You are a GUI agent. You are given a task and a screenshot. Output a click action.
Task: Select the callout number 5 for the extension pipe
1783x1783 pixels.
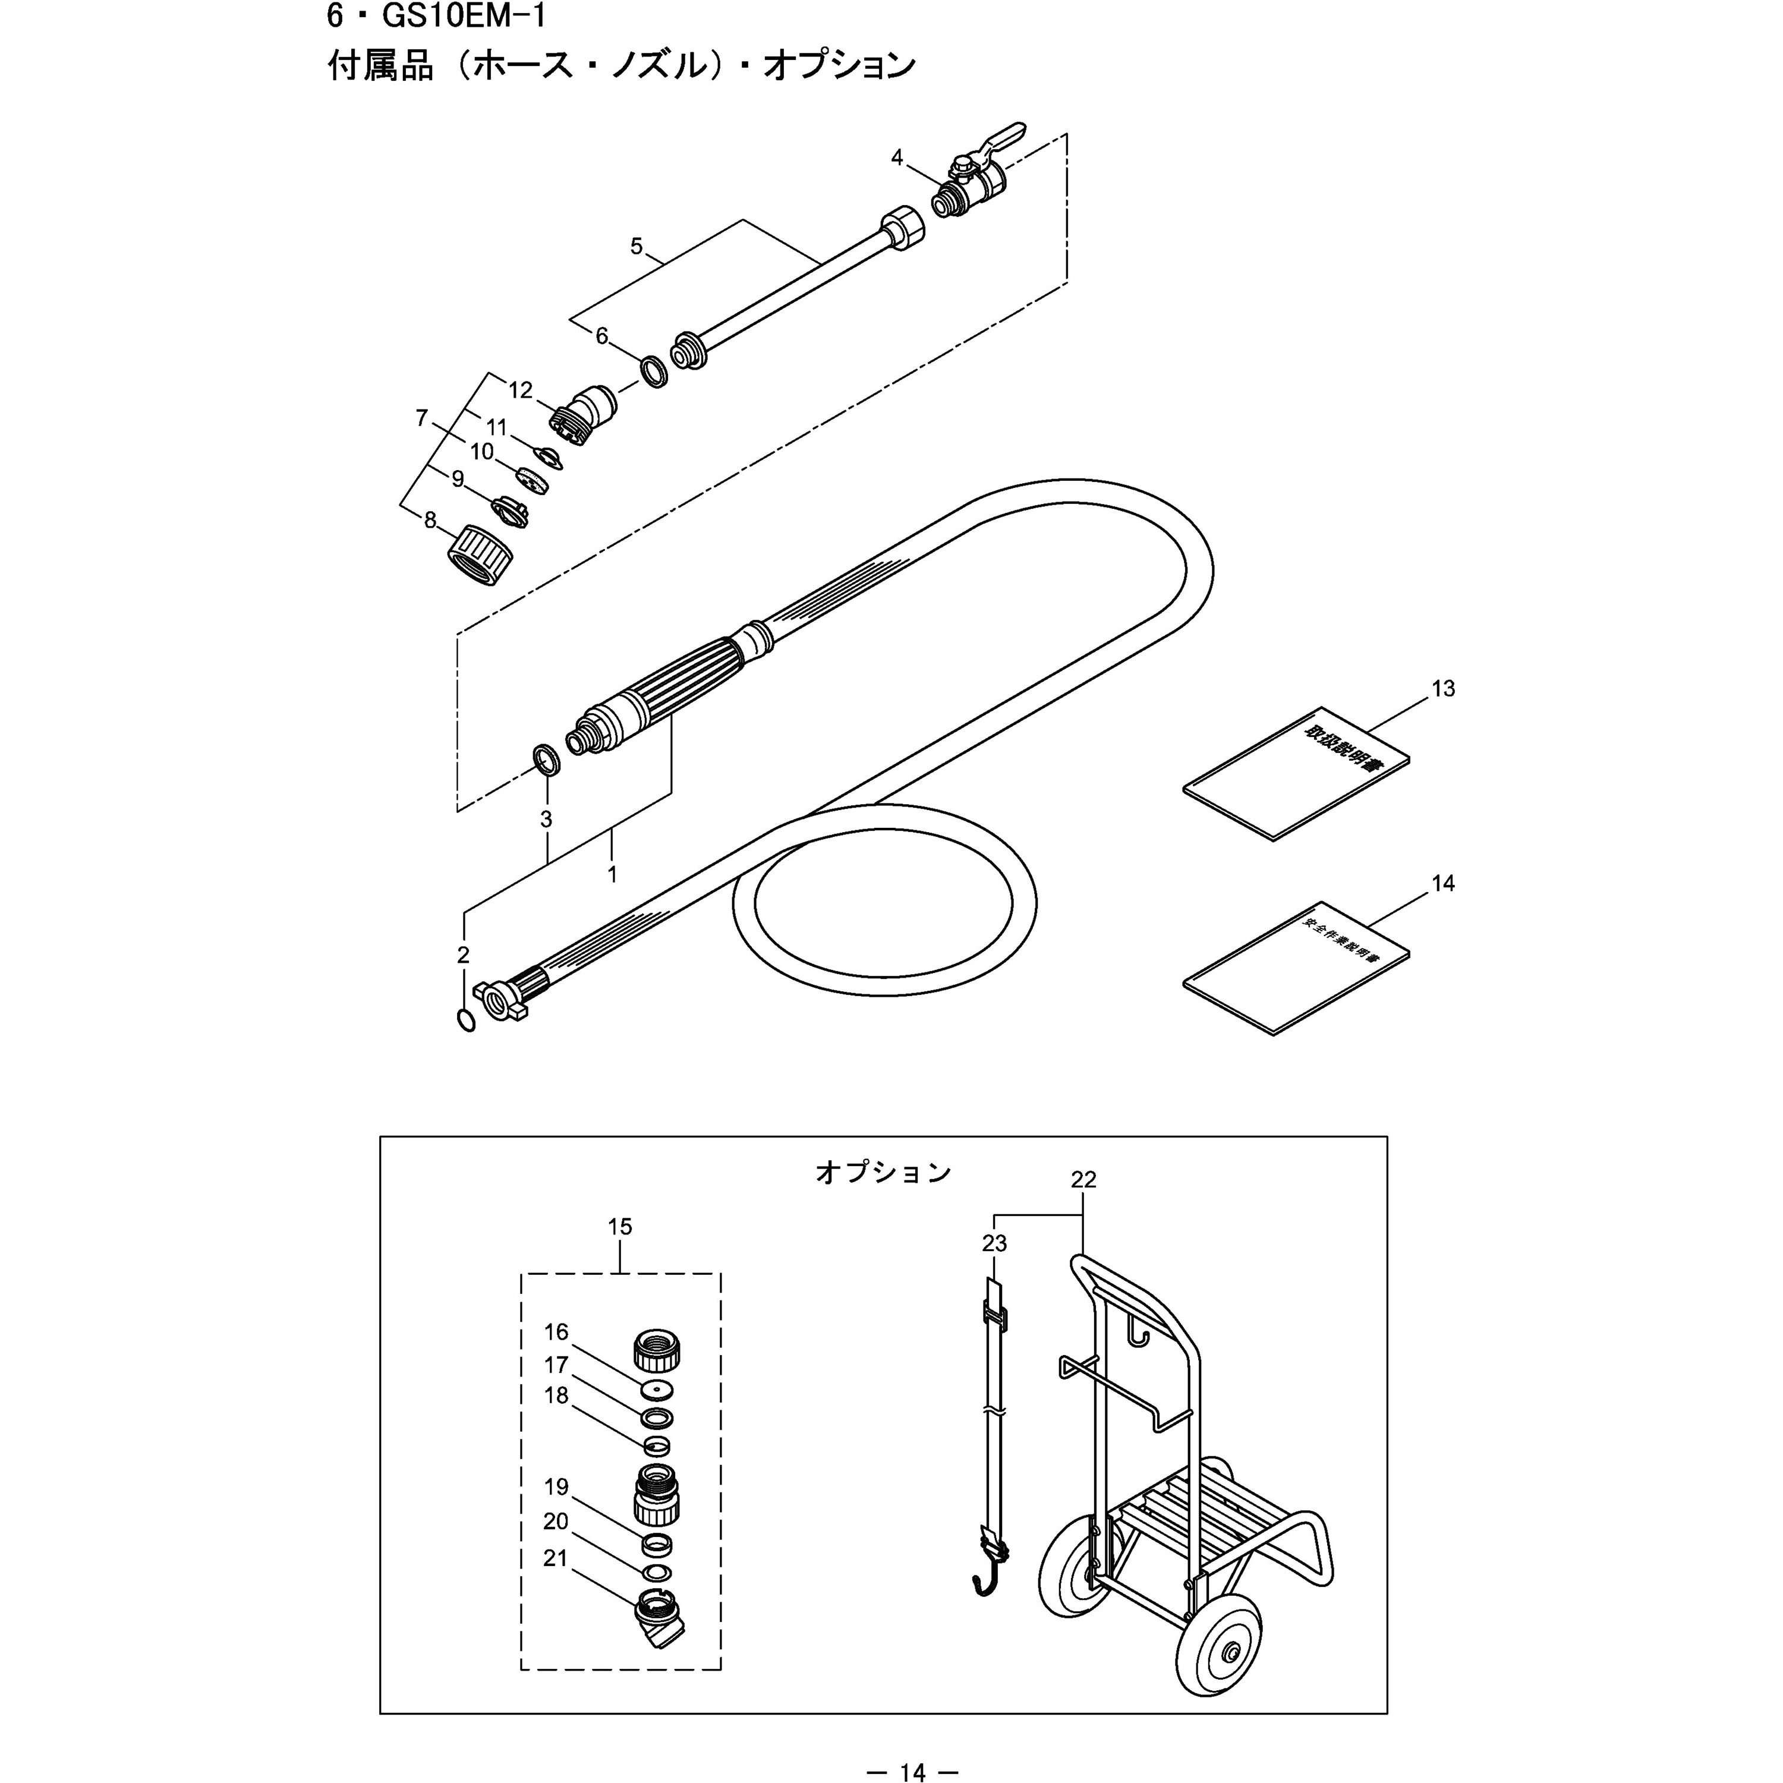tap(636, 247)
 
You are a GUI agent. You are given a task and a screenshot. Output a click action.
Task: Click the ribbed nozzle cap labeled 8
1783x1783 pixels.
tap(479, 554)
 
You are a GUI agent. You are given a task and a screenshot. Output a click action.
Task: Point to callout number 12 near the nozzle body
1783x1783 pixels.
tap(521, 390)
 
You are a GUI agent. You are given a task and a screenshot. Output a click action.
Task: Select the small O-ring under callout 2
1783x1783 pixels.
tap(466, 1020)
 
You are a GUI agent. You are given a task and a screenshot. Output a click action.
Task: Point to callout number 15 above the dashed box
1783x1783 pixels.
tap(620, 1227)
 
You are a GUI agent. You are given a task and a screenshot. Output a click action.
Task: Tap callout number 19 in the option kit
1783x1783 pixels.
tap(556, 1487)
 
